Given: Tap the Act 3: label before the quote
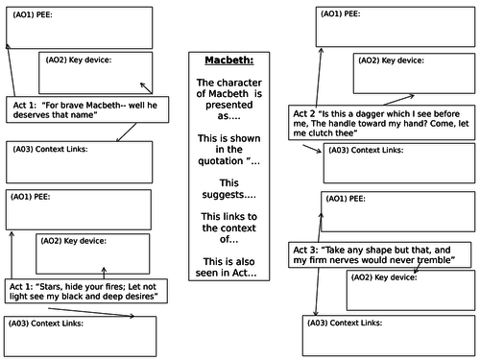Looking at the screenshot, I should click(306, 248).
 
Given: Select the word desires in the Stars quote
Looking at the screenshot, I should click(137, 298).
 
